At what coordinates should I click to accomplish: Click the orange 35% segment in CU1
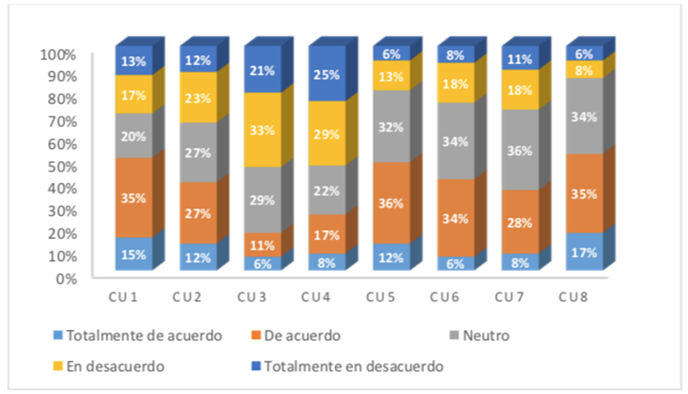pos(134,198)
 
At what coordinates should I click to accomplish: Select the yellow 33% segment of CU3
pos(263,130)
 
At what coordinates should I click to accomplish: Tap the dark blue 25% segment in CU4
pos(326,74)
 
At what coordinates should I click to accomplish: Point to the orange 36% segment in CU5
pos(391,203)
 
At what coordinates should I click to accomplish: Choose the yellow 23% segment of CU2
pos(198,98)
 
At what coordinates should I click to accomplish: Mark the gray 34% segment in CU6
pos(455,142)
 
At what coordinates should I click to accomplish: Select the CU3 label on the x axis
pos(252,298)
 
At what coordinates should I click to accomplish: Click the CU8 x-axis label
pos(574,298)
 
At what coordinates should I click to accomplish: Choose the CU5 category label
pos(381,298)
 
